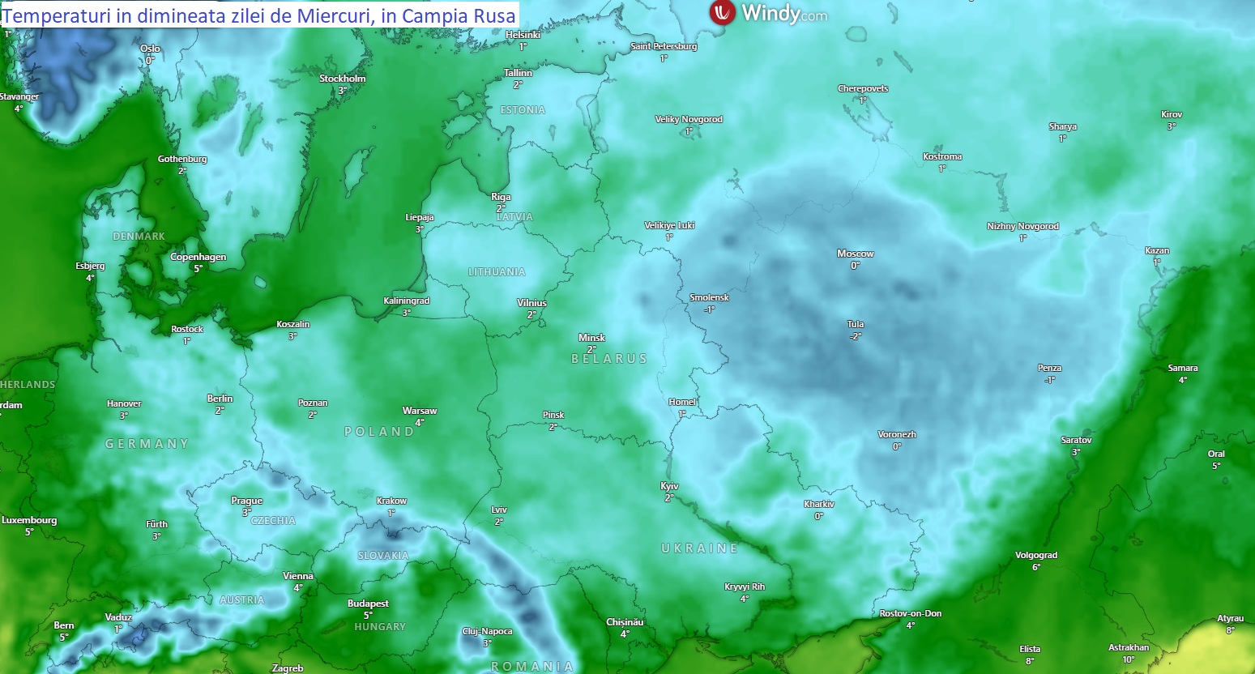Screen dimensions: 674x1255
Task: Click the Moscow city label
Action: coord(855,254)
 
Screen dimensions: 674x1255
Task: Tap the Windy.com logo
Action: coord(768,13)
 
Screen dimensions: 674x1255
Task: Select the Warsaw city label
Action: coord(420,411)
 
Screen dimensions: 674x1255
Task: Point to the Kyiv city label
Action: coord(669,486)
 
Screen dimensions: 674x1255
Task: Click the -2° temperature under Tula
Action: coord(856,336)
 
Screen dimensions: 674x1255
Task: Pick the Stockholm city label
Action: coord(342,79)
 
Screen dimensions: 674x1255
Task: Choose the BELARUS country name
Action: coord(609,359)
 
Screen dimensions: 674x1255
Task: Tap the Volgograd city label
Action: coord(1036,556)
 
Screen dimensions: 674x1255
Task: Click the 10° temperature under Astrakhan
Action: coord(1129,659)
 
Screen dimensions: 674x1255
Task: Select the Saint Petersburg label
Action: coord(664,46)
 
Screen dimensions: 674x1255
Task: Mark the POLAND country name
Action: coord(379,432)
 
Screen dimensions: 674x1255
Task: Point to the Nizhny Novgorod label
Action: coord(1022,227)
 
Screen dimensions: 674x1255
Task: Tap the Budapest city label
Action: coord(368,604)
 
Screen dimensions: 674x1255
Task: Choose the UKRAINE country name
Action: coord(699,548)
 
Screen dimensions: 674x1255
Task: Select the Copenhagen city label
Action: coord(198,257)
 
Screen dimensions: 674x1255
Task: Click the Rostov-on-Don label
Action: coord(911,613)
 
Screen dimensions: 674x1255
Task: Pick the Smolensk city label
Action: coord(709,297)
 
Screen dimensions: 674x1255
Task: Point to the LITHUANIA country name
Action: coord(497,272)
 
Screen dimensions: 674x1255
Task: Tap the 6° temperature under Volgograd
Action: coord(1036,567)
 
